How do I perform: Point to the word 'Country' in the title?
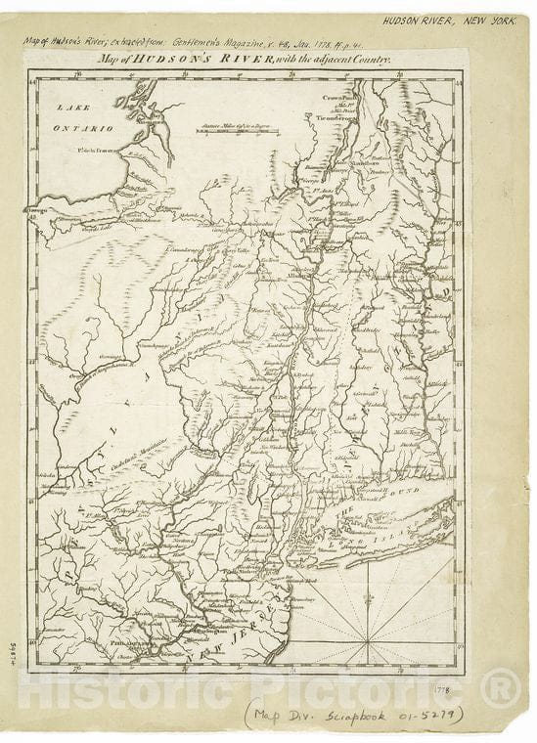click(371, 61)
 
